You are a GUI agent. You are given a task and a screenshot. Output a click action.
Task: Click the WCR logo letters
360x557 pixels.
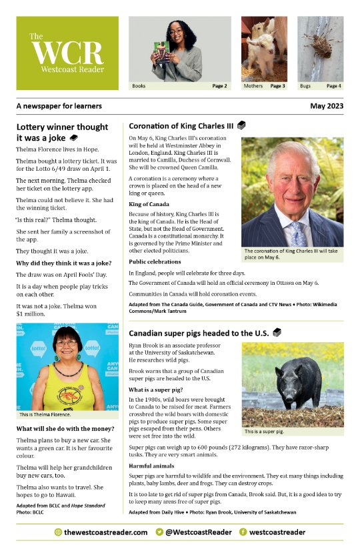pyautogui.click(x=67, y=52)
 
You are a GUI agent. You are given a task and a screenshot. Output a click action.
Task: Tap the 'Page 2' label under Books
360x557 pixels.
pyautogui.click(x=219, y=86)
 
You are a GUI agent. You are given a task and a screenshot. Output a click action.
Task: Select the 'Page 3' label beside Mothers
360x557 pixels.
pyautogui.click(x=278, y=86)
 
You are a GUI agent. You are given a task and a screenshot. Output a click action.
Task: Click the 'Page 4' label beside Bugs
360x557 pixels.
pyautogui.click(x=334, y=86)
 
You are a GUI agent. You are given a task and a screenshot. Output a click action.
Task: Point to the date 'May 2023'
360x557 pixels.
pyautogui.click(x=326, y=106)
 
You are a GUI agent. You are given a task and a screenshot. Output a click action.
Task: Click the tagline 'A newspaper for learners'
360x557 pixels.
pyautogui.click(x=59, y=106)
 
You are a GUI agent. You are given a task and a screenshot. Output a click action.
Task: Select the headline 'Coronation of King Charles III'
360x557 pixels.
pyautogui.click(x=181, y=125)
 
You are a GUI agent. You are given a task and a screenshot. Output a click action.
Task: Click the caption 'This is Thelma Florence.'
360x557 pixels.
pyautogui.click(x=45, y=415)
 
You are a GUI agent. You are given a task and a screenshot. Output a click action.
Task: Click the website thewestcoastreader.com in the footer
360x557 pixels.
pyautogui.click(x=106, y=532)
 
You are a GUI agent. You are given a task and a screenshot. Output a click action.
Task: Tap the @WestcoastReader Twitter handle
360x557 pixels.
pyautogui.click(x=199, y=532)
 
